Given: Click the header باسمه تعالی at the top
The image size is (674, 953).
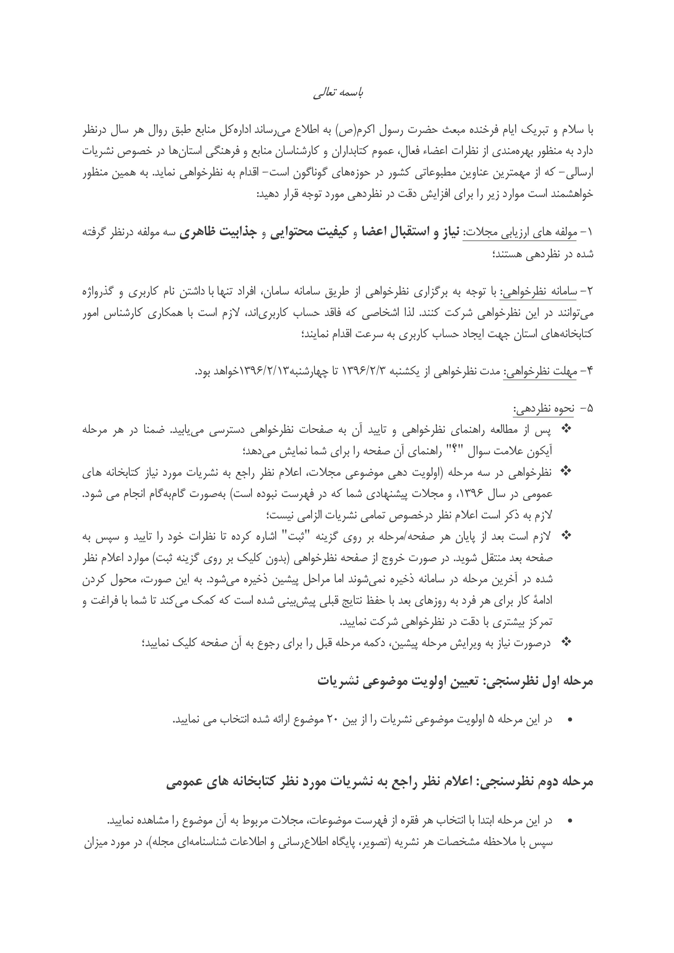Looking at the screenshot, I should tap(338, 94).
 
